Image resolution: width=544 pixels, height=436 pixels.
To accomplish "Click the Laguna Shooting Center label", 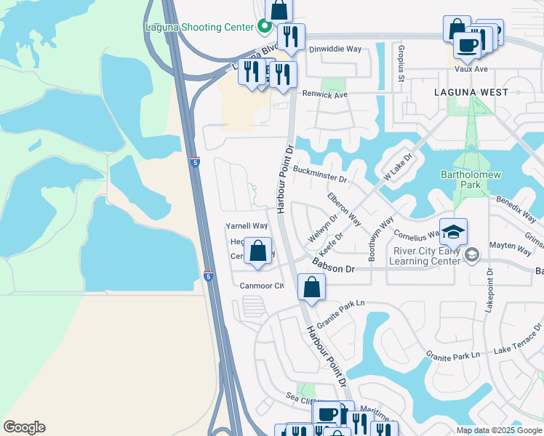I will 201,28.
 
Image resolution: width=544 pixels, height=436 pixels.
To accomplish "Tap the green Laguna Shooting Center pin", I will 264,28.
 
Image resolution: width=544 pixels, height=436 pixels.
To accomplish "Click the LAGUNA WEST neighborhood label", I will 471,92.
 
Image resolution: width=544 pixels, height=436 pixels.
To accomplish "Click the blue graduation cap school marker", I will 453,232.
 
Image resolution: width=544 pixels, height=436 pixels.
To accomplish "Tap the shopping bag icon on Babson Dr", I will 311,287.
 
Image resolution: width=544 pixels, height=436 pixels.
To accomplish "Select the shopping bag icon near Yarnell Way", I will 257,251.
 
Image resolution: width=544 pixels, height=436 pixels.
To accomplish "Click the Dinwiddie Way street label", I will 335,49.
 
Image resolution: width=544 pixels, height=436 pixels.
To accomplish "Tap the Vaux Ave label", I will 471,70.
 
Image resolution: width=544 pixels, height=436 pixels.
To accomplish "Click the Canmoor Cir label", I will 262,286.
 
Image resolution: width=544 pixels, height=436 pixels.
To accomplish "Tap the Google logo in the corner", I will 24,427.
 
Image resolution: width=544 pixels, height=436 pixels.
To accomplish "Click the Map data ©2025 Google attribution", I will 498,430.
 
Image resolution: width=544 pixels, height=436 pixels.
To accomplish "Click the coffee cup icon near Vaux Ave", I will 466,45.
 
